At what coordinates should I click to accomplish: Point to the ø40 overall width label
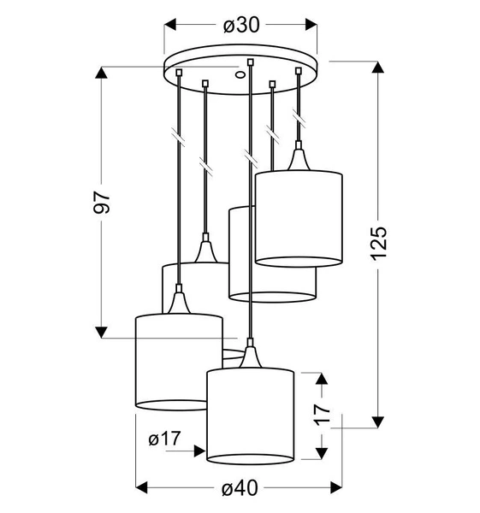coord(240,488)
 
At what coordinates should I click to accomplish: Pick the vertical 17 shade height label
coord(322,414)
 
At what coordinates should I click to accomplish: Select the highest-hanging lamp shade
coord(299,219)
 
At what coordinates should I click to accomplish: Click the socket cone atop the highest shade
coord(299,159)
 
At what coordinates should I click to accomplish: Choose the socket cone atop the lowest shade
coord(250,355)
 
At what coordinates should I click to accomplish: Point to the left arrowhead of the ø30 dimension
coord(170,26)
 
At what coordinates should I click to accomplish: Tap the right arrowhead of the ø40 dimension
coord(337,487)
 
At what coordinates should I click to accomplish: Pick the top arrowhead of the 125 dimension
coord(376,67)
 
